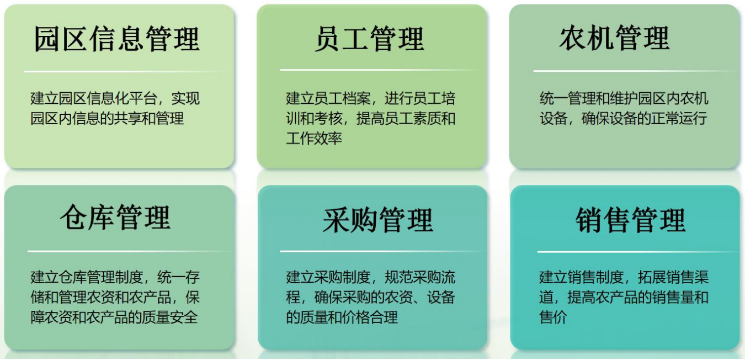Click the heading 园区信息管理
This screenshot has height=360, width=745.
(117, 39)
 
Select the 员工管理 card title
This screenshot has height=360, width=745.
(370, 39)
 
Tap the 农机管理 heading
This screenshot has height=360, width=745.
(614, 38)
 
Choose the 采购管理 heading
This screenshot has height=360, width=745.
(378, 220)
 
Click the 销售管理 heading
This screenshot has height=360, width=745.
(631, 220)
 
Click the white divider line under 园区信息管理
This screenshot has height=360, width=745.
(125, 72)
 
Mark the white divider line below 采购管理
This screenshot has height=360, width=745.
(381, 251)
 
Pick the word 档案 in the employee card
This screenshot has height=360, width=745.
(356, 98)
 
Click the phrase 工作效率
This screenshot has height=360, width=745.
(314, 139)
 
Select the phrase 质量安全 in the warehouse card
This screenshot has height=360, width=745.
(170, 317)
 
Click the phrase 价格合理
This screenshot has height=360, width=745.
(370, 317)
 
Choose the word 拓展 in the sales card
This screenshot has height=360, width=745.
(652, 277)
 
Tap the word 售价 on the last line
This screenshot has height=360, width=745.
(554, 317)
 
